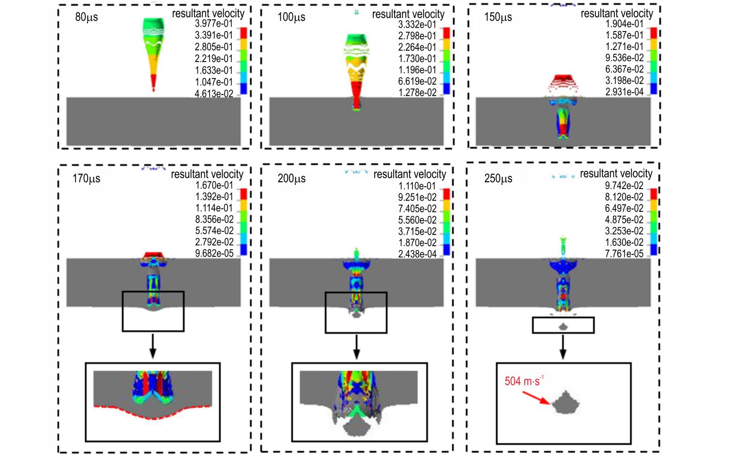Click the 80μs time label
tap(87, 17)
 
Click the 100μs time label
tap(291, 17)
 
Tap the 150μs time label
tap(498, 17)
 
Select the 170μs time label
tap(86, 178)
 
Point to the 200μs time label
tap(291, 178)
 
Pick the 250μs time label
tap(498, 178)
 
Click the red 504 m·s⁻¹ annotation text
tap(524, 381)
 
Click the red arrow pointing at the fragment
tap(536, 398)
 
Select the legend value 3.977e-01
tap(214, 23)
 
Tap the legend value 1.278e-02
tap(417, 93)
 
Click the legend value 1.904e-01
tap(624, 24)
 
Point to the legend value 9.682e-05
tap(214, 254)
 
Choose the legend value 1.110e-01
tap(417, 186)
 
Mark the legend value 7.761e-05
tap(624, 254)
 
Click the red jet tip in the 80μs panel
tap(153, 82)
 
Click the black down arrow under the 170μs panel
tap(153, 347)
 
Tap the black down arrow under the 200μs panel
tap(356, 347)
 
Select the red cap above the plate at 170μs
tap(153, 255)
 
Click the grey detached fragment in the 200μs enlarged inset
tap(356, 428)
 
